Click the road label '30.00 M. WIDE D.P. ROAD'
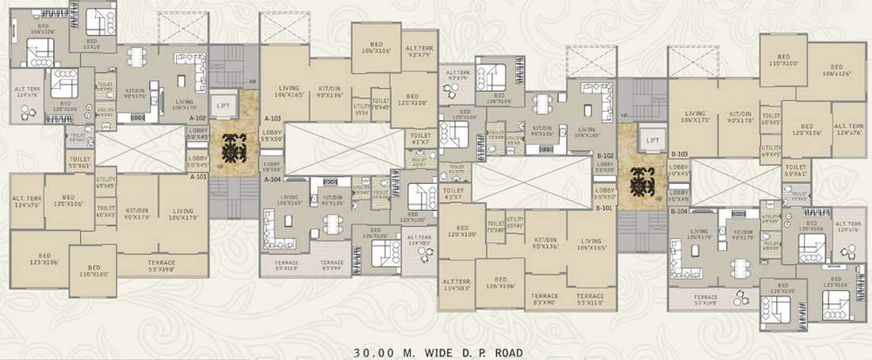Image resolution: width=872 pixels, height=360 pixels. (435, 350)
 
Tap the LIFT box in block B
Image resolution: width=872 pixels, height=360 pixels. (653, 140)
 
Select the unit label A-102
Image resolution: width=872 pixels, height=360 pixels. (197, 118)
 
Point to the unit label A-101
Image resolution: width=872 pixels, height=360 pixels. (197, 178)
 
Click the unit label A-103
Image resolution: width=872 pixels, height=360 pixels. (272, 118)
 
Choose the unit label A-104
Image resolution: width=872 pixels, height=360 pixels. (272, 180)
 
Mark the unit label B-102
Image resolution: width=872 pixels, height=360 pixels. (606, 156)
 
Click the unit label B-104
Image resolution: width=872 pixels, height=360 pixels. (679, 212)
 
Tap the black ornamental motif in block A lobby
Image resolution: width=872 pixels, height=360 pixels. (235, 148)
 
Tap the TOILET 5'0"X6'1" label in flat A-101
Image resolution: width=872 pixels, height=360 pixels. (81, 163)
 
